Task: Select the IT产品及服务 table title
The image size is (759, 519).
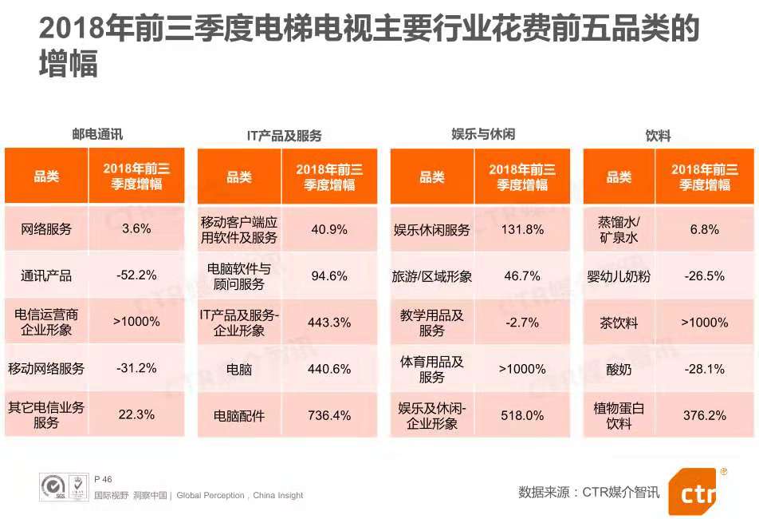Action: [x=285, y=136]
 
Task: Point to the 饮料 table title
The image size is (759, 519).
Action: [x=658, y=136]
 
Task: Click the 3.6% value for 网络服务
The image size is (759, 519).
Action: [x=136, y=229]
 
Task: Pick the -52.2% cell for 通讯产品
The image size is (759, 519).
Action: [x=136, y=275]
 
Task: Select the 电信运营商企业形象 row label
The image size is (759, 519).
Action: [x=47, y=322]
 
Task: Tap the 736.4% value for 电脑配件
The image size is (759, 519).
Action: [x=329, y=415]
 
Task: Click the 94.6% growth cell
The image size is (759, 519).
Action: [x=329, y=276]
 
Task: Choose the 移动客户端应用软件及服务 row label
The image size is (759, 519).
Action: [x=239, y=230]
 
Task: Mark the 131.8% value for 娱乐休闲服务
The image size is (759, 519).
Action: [x=524, y=230]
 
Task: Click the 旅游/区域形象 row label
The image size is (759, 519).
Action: [x=432, y=276]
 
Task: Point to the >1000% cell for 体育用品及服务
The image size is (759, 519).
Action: [x=522, y=369]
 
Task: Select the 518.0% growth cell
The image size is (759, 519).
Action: [x=523, y=415]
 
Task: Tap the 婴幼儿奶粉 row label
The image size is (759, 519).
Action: [x=619, y=276]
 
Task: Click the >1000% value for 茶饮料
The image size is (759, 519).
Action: [x=705, y=323]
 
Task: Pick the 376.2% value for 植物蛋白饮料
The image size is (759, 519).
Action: [x=705, y=415]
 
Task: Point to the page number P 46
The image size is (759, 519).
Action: [x=103, y=479]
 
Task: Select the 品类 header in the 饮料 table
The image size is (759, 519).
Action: [x=619, y=177]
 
